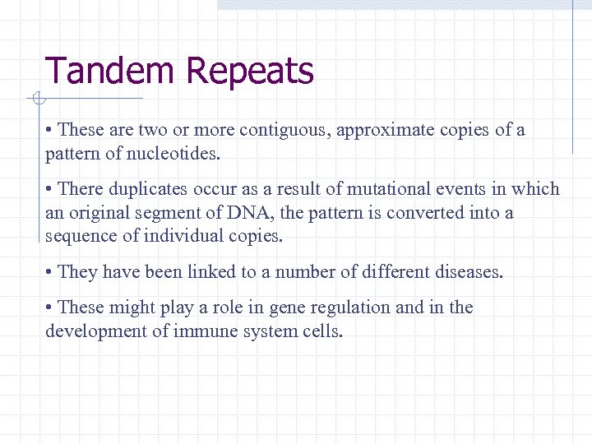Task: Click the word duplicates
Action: coord(146,189)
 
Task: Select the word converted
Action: coord(424,213)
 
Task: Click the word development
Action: coord(95,331)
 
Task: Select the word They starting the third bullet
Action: coord(78,272)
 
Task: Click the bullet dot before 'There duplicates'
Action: coord(50,189)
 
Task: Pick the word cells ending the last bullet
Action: coord(321,331)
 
